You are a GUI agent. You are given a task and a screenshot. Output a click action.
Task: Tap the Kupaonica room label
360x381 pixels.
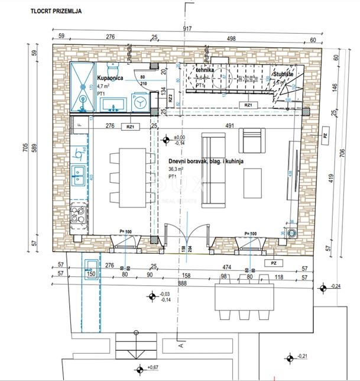pos(109,78)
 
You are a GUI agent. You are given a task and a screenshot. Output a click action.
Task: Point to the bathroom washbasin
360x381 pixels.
pos(112,105)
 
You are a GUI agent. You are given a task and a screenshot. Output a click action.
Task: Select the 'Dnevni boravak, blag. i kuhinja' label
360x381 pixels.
pos(205,160)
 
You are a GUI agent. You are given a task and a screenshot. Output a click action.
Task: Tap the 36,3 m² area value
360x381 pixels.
pos(177,169)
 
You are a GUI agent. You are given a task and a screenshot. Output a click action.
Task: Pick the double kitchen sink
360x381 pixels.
pos(79,173)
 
